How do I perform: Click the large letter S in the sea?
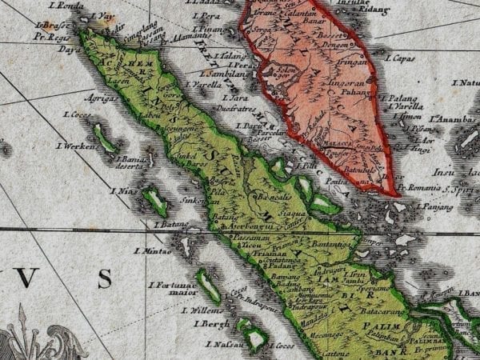pos(105,278)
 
